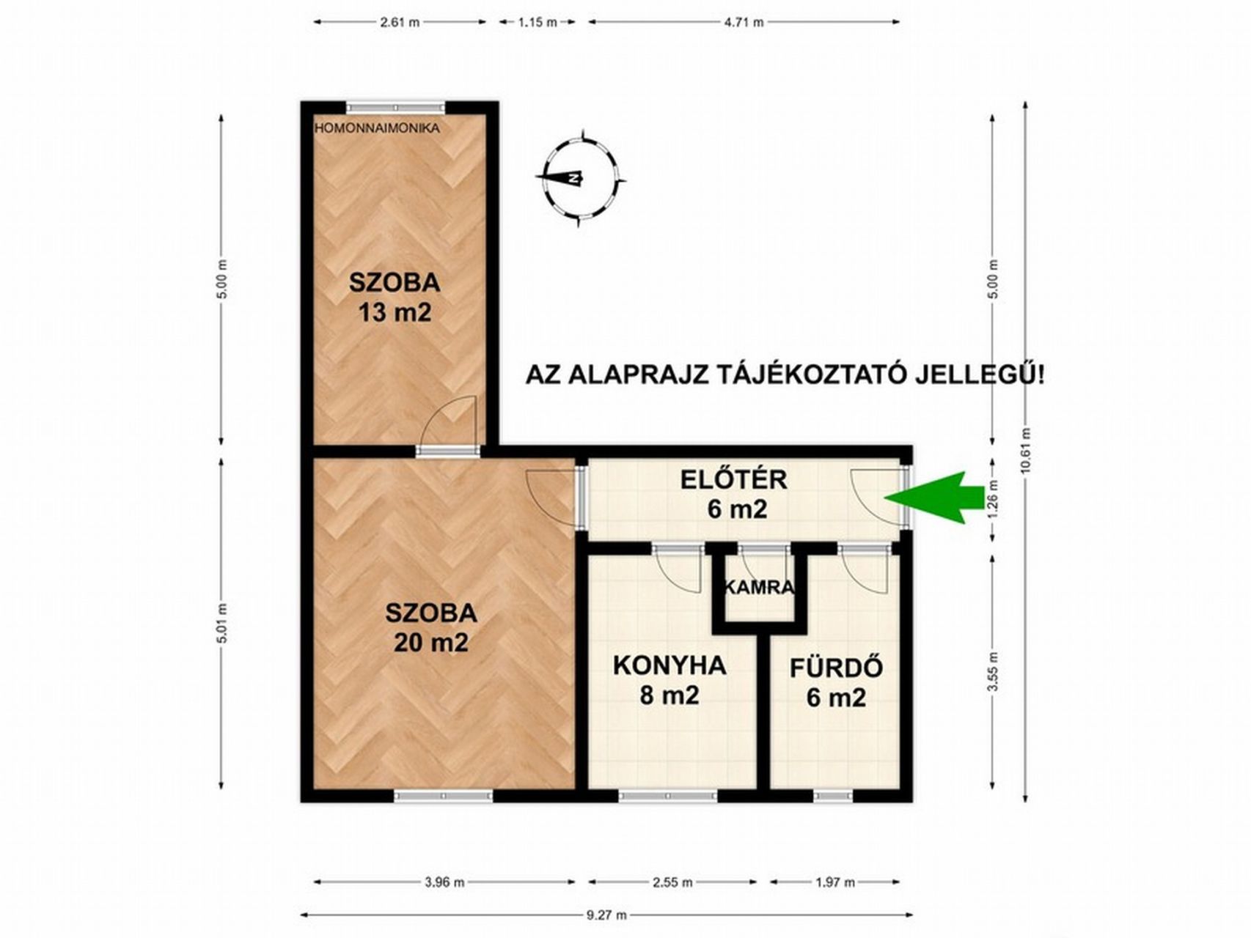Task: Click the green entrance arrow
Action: pyautogui.click(x=933, y=498)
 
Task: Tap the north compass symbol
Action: pyautogui.click(x=581, y=177)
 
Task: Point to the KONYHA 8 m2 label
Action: pyautogui.click(x=669, y=680)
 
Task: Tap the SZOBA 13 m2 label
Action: pyautogui.click(x=395, y=297)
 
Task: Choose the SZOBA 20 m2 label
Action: pyautogui.click(x=431, y=627)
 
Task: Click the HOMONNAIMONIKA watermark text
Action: pyautogui.click(x=377, y=128)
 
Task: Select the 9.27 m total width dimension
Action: pyautogui.click(x=606, y=915)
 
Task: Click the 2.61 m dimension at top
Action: pyautogui.click(x=400, y=22)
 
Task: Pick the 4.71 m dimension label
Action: pyautogui.click(x=744, y=22)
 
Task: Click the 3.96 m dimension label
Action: pyautogui.click(x=444, y=882)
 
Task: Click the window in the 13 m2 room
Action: pyautogui.click(x=396, y=107)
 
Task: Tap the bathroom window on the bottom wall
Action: pyautogui.click(x=832, y=796)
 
